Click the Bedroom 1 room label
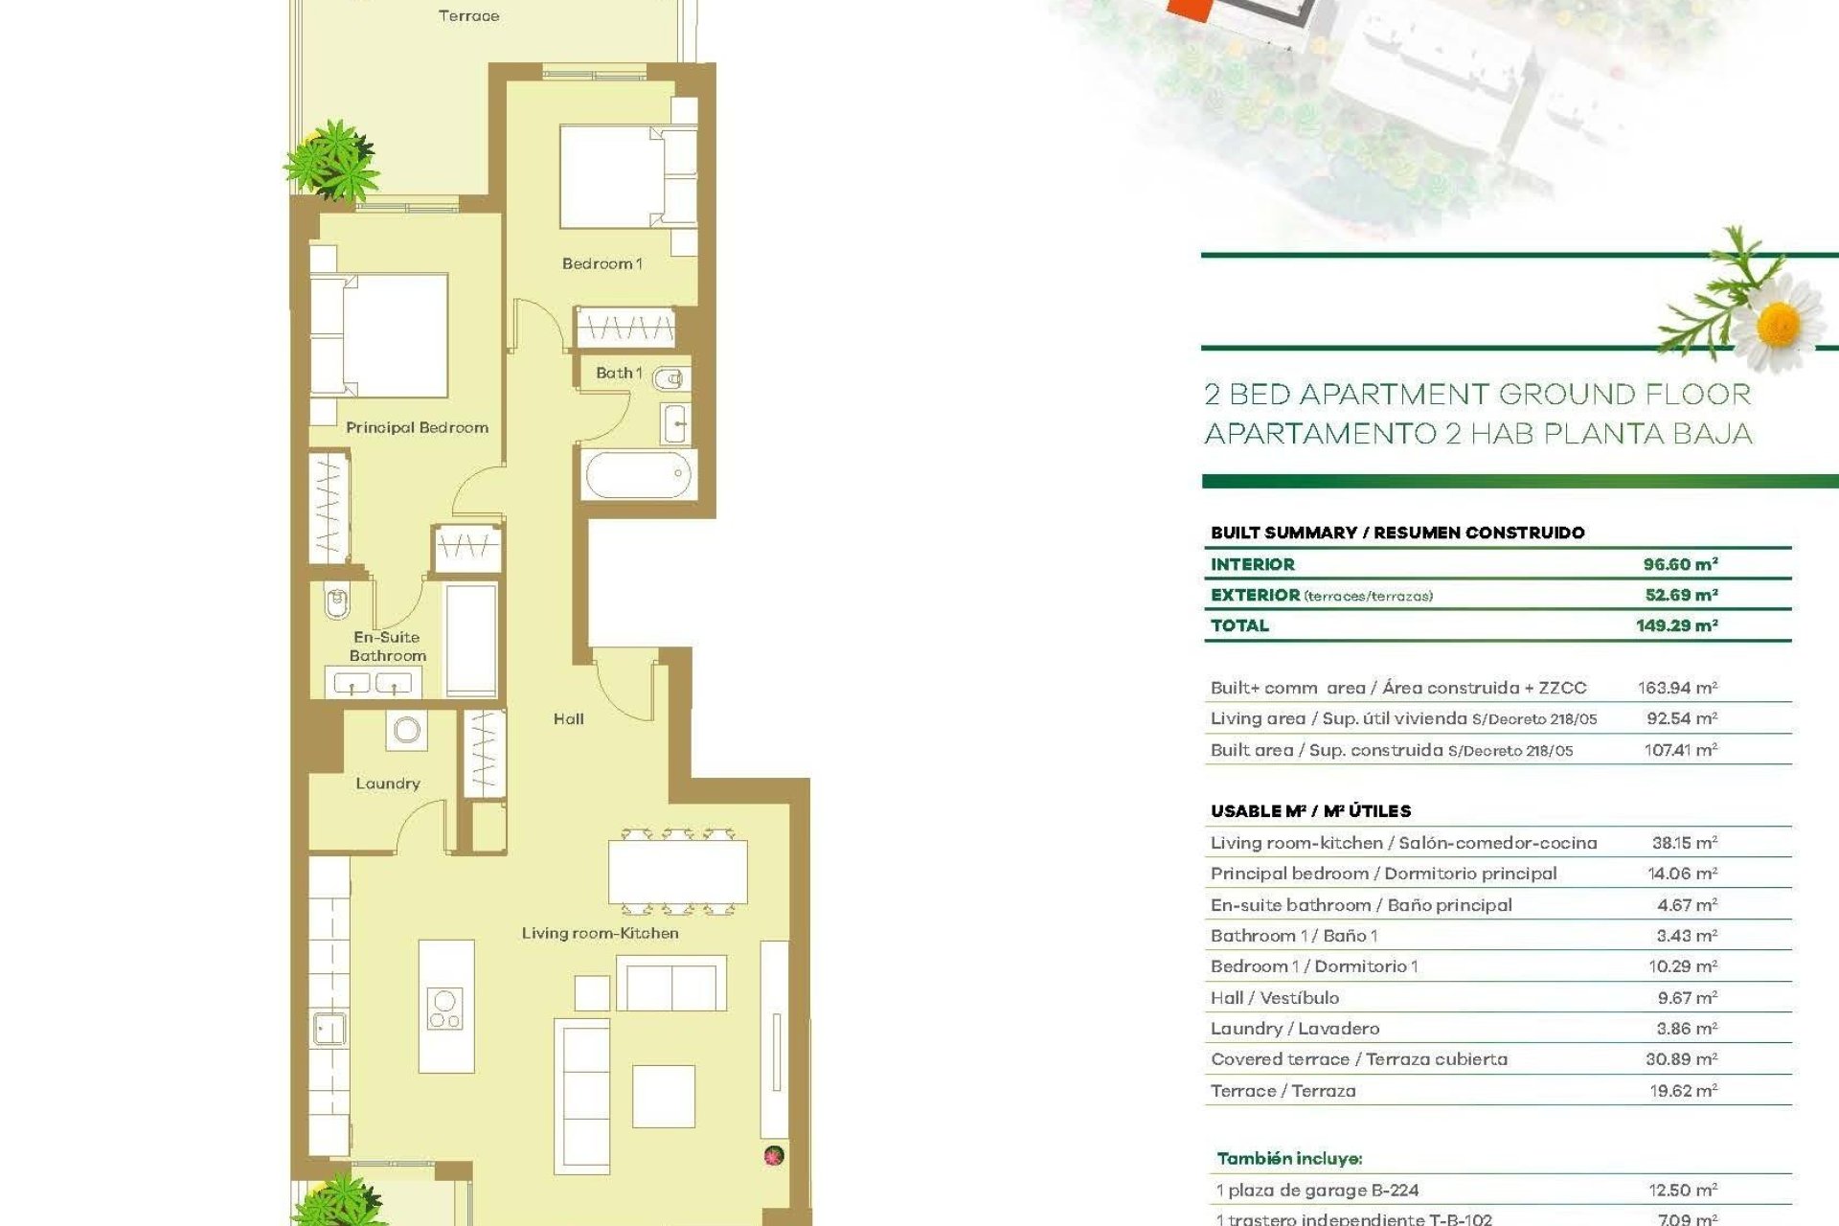pos(602,263)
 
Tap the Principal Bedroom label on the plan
pos(417,427)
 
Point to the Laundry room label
pos(388,783)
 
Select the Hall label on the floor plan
pos(568,718)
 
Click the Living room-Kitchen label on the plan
pos(600,933)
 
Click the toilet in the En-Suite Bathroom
pos(336,602)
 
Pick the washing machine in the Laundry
pos(407,730)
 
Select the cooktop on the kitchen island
pos(444,1009)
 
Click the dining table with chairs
pos(678,872)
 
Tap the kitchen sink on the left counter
pos(329,1028)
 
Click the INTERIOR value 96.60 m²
pos(1680,564)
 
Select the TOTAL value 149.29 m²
pos(1676,625)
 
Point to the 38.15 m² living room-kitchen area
pos(1684,843)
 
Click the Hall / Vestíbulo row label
pos(1275,998)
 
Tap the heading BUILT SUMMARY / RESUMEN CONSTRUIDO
pos(1397,533)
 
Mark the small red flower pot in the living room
pos(774,1156)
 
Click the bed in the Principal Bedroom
pos(379,335)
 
